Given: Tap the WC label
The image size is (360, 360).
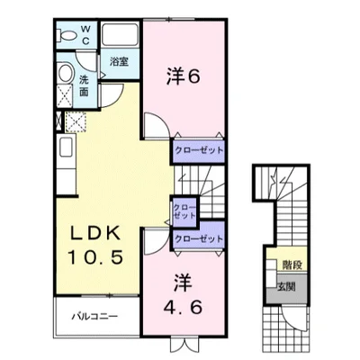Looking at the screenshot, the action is coord(85,35).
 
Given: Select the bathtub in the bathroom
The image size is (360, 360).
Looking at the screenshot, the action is coord(120,35).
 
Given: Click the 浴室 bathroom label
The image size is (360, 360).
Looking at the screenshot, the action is coord(119,62).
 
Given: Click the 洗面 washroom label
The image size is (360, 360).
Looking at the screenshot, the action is coord(84,85).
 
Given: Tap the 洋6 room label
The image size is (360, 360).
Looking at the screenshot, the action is coord(183,76).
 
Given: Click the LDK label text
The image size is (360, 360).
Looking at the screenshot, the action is coord(95,233).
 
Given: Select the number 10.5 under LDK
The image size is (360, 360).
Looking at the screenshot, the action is coord(95,257).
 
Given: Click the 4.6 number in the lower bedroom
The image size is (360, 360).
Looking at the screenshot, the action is coord(183,306).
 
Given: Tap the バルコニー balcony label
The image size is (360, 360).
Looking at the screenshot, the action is coord(94,317).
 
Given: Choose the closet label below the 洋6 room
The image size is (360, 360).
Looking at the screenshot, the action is coord(199,150).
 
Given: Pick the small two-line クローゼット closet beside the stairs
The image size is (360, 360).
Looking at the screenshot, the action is coord(184,211).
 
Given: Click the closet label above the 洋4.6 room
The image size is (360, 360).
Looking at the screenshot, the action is coord(199,238).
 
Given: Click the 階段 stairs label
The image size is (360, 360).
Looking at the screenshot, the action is coord(292,265).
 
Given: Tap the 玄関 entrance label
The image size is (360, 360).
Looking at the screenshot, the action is coord(286,287).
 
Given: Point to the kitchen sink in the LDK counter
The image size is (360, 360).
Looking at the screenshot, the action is coord(66,148).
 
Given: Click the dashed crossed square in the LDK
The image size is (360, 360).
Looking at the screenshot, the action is coord(76,121).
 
